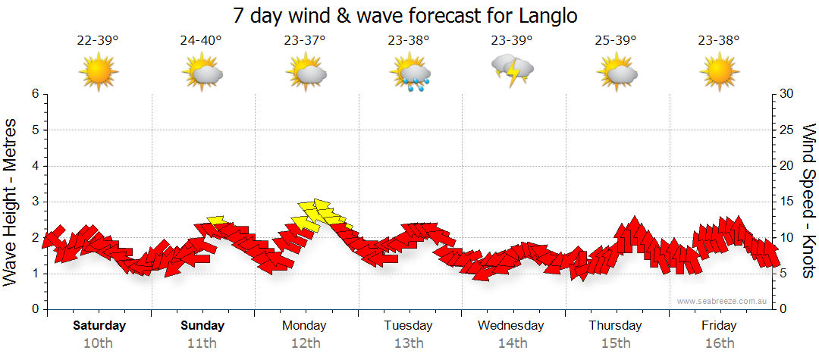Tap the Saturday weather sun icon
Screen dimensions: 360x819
98,72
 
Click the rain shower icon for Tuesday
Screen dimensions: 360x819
410,72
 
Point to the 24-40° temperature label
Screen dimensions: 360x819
201,40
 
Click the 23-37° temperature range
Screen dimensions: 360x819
305,40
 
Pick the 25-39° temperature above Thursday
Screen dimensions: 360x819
616,40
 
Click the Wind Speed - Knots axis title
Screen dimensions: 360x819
808,201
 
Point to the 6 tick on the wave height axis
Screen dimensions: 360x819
35,94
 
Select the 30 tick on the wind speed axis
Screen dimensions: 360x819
786,94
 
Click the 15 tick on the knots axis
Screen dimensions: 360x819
786,202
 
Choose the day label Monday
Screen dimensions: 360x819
304,326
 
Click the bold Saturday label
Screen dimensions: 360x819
99,326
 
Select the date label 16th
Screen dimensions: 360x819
720,343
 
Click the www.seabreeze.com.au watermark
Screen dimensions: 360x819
723,301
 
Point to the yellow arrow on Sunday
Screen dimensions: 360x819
216,221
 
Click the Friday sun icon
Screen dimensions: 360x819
720,72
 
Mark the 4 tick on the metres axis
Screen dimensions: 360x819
35,166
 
